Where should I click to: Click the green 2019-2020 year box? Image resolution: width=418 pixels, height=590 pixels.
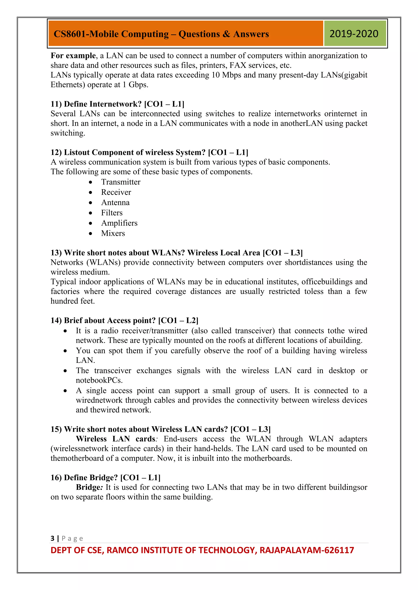(x=355, y=34)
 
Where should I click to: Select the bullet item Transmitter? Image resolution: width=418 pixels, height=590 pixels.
(x=121, y=182)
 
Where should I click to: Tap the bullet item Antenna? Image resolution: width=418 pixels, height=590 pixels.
(x=115, y=203)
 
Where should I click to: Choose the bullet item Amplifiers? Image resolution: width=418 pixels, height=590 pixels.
(x=119, y=223)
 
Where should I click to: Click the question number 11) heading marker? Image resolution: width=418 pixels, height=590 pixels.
(x=56, y=104)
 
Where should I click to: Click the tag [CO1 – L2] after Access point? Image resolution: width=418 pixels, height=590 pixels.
(x=178, y=320)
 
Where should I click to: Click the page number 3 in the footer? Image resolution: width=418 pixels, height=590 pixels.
(x=52, y=538)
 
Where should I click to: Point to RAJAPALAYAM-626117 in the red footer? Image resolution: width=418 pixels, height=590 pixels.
(x=307, y=550)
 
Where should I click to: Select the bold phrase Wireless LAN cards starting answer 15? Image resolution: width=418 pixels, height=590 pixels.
(x=116, y=439)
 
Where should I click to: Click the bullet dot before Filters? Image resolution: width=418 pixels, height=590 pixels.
(x=90, y=213)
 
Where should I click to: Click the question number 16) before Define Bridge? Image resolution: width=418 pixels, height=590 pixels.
(x=56, y=478)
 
